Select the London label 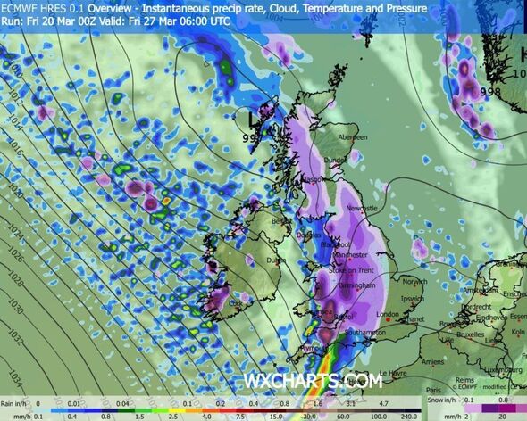click(387, 315)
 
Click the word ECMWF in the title click(24, 7)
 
